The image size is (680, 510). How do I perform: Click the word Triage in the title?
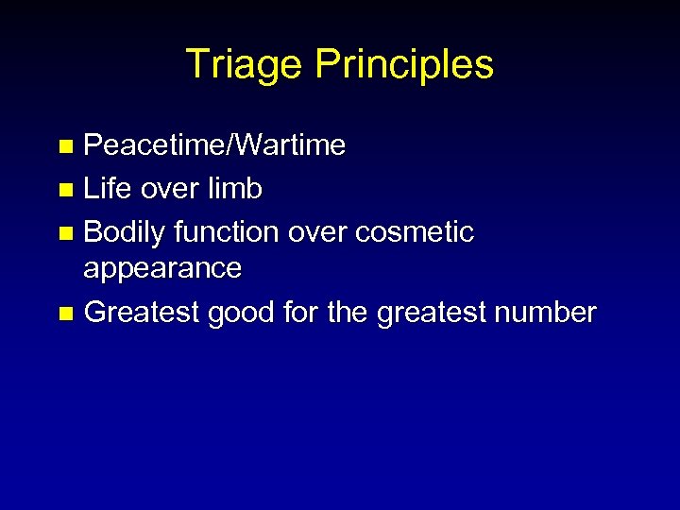pos(246,65)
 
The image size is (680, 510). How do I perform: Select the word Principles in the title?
pos(404,65)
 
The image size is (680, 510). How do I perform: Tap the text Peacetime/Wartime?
pos(215,146)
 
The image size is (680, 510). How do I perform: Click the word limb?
pos(236,189)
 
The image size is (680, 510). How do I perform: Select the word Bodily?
pos(126,231)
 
